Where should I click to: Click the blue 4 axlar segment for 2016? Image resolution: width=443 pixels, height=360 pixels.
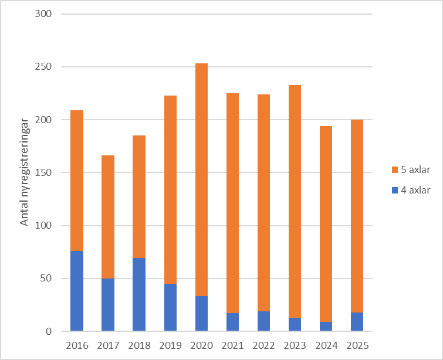[77, 291]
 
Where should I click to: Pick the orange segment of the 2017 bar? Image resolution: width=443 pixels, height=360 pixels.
[108, 217]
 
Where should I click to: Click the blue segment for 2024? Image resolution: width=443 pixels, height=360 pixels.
[326, 327]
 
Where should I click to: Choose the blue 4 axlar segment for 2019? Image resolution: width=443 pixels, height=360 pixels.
[170, 307]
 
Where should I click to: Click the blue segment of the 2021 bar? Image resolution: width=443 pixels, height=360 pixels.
[232, 322]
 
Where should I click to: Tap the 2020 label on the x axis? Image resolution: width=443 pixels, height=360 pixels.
[201, 345]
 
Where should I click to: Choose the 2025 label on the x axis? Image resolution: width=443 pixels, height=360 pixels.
[357, 345]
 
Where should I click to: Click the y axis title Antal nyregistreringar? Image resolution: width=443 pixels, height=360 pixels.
[25, 173]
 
